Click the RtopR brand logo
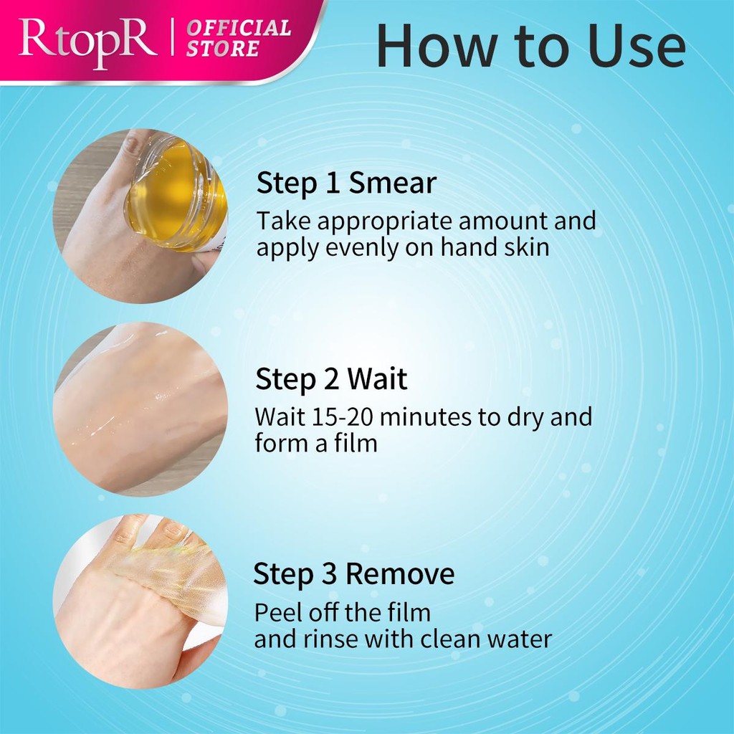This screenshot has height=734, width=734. tap(87, 42)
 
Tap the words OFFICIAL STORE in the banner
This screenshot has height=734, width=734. tap(239, 39)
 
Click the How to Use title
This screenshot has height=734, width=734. tap(531, 46)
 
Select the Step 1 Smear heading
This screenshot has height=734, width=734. tap(346, 183)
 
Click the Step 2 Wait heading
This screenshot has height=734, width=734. tap(331, 378)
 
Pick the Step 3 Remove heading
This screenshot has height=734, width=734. tap(354, 574)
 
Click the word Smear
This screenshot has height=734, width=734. tap(393, 183)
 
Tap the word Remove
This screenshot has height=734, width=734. tap(400, 574)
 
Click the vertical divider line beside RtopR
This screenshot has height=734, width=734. tap(173, 37)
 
